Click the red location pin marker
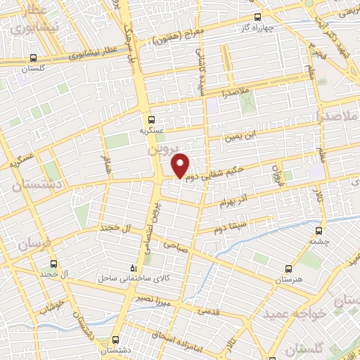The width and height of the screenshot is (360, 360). pyautogui.click(x=181, y=165)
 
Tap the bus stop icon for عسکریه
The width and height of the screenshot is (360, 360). pyautogui.click(x=152, y=119)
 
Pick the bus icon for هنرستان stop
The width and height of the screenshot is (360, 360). pyautogui.click(x=288, y=268)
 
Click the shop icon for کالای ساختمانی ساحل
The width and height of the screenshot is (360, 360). pyautogui.click(x=135, y=268)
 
